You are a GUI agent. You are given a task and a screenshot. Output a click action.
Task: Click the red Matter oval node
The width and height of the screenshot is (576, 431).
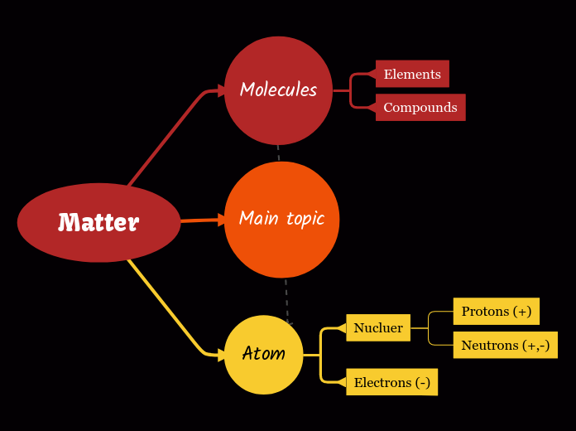pos(98,222)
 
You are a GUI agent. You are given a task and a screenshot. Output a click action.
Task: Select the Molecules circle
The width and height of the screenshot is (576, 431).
pos(278,90)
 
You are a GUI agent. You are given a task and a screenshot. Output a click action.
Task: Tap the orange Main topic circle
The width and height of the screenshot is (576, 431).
pos(281,219)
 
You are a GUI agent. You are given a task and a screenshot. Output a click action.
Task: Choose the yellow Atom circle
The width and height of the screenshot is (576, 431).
pos(263,354)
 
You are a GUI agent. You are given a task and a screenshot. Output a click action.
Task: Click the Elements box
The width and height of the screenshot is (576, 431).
pos(412,74)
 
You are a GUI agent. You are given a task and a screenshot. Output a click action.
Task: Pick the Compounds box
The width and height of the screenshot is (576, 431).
pos(420,107)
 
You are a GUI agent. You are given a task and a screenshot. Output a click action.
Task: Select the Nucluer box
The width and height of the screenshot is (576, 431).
pos(378,327)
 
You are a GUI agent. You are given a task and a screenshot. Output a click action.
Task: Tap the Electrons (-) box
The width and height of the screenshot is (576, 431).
pos(391,382)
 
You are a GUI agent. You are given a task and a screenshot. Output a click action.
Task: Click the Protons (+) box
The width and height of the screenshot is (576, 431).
pos(497,311)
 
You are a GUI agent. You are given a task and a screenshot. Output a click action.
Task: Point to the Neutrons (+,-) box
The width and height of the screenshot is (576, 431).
pos(505,345)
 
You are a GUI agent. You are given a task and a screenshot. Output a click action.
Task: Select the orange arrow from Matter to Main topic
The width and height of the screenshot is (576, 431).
pos(201,220)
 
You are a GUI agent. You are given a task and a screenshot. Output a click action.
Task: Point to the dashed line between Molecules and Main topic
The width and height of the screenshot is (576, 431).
pos(278,153)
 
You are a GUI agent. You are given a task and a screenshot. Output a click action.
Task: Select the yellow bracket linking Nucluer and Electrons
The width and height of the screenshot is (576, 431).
pos(321,355)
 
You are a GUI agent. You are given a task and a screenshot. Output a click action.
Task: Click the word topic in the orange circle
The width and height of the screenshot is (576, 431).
pos(305,219)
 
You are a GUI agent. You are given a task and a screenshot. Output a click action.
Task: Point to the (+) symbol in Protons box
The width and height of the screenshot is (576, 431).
pos(522,311)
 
